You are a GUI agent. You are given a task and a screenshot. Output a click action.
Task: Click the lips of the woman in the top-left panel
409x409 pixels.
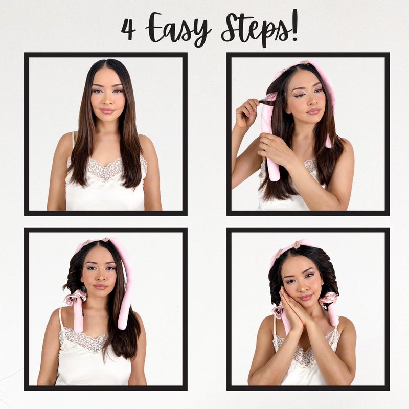point(107,111)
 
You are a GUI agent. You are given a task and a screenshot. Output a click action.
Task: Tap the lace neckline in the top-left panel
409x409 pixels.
point(104,168)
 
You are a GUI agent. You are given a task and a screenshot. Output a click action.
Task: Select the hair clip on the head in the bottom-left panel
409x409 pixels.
point(106,240)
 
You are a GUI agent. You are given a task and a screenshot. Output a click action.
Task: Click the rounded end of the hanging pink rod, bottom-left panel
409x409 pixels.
point(122,325)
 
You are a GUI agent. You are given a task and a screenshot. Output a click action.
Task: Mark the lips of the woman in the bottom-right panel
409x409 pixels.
point(305,298)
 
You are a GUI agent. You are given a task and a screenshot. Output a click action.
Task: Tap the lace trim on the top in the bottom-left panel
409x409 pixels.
point(83,339)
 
